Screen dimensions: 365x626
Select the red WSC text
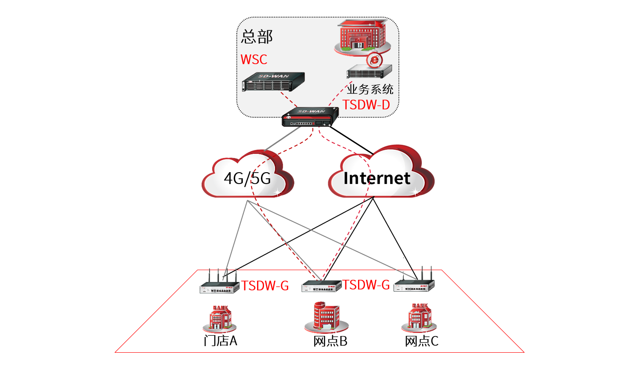coord(254,59)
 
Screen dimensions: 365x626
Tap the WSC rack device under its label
coord(274,82)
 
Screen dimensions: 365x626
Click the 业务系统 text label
coord(370,90)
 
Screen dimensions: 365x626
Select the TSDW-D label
coord(366,105)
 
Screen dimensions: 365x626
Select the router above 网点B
coord(322,287)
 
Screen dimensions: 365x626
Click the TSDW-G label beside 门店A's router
coord(265,286)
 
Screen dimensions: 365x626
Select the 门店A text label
coord(221,341)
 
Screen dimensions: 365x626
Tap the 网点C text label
coord(422,341)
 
